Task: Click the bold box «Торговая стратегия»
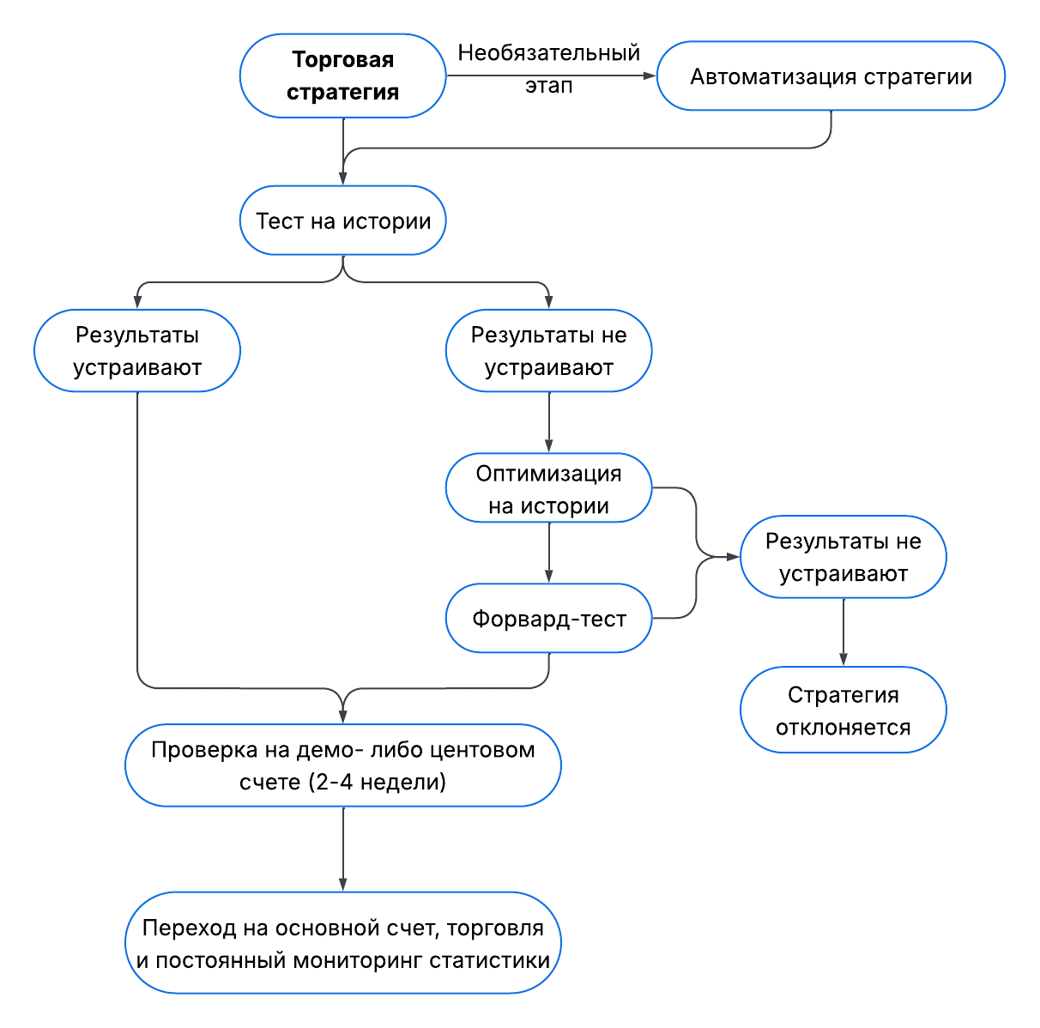(x=342, y=76)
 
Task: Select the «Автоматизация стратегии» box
(x=831, y=76)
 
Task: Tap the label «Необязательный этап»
(x=549, y=69)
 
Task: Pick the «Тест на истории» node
(x=342, y=221)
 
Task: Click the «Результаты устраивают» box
(x=137, y=351)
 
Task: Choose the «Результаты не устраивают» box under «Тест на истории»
(x=549, y=351)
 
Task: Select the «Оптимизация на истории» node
(x=549, y=489)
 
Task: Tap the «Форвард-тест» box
(x=549, y=619)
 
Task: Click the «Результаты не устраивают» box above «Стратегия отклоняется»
(x=843, y=557)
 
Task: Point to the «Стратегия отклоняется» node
(x=843, y=711)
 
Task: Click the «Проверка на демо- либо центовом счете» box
(x=343, y=765)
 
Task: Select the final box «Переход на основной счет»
(x=343, y=943)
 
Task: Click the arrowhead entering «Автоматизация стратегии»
(x=650, y=76)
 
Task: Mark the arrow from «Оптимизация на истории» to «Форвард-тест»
(x=549, y=553)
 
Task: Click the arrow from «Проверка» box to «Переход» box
(x=343, y=850)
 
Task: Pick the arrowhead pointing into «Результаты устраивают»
(x=137, y=303)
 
